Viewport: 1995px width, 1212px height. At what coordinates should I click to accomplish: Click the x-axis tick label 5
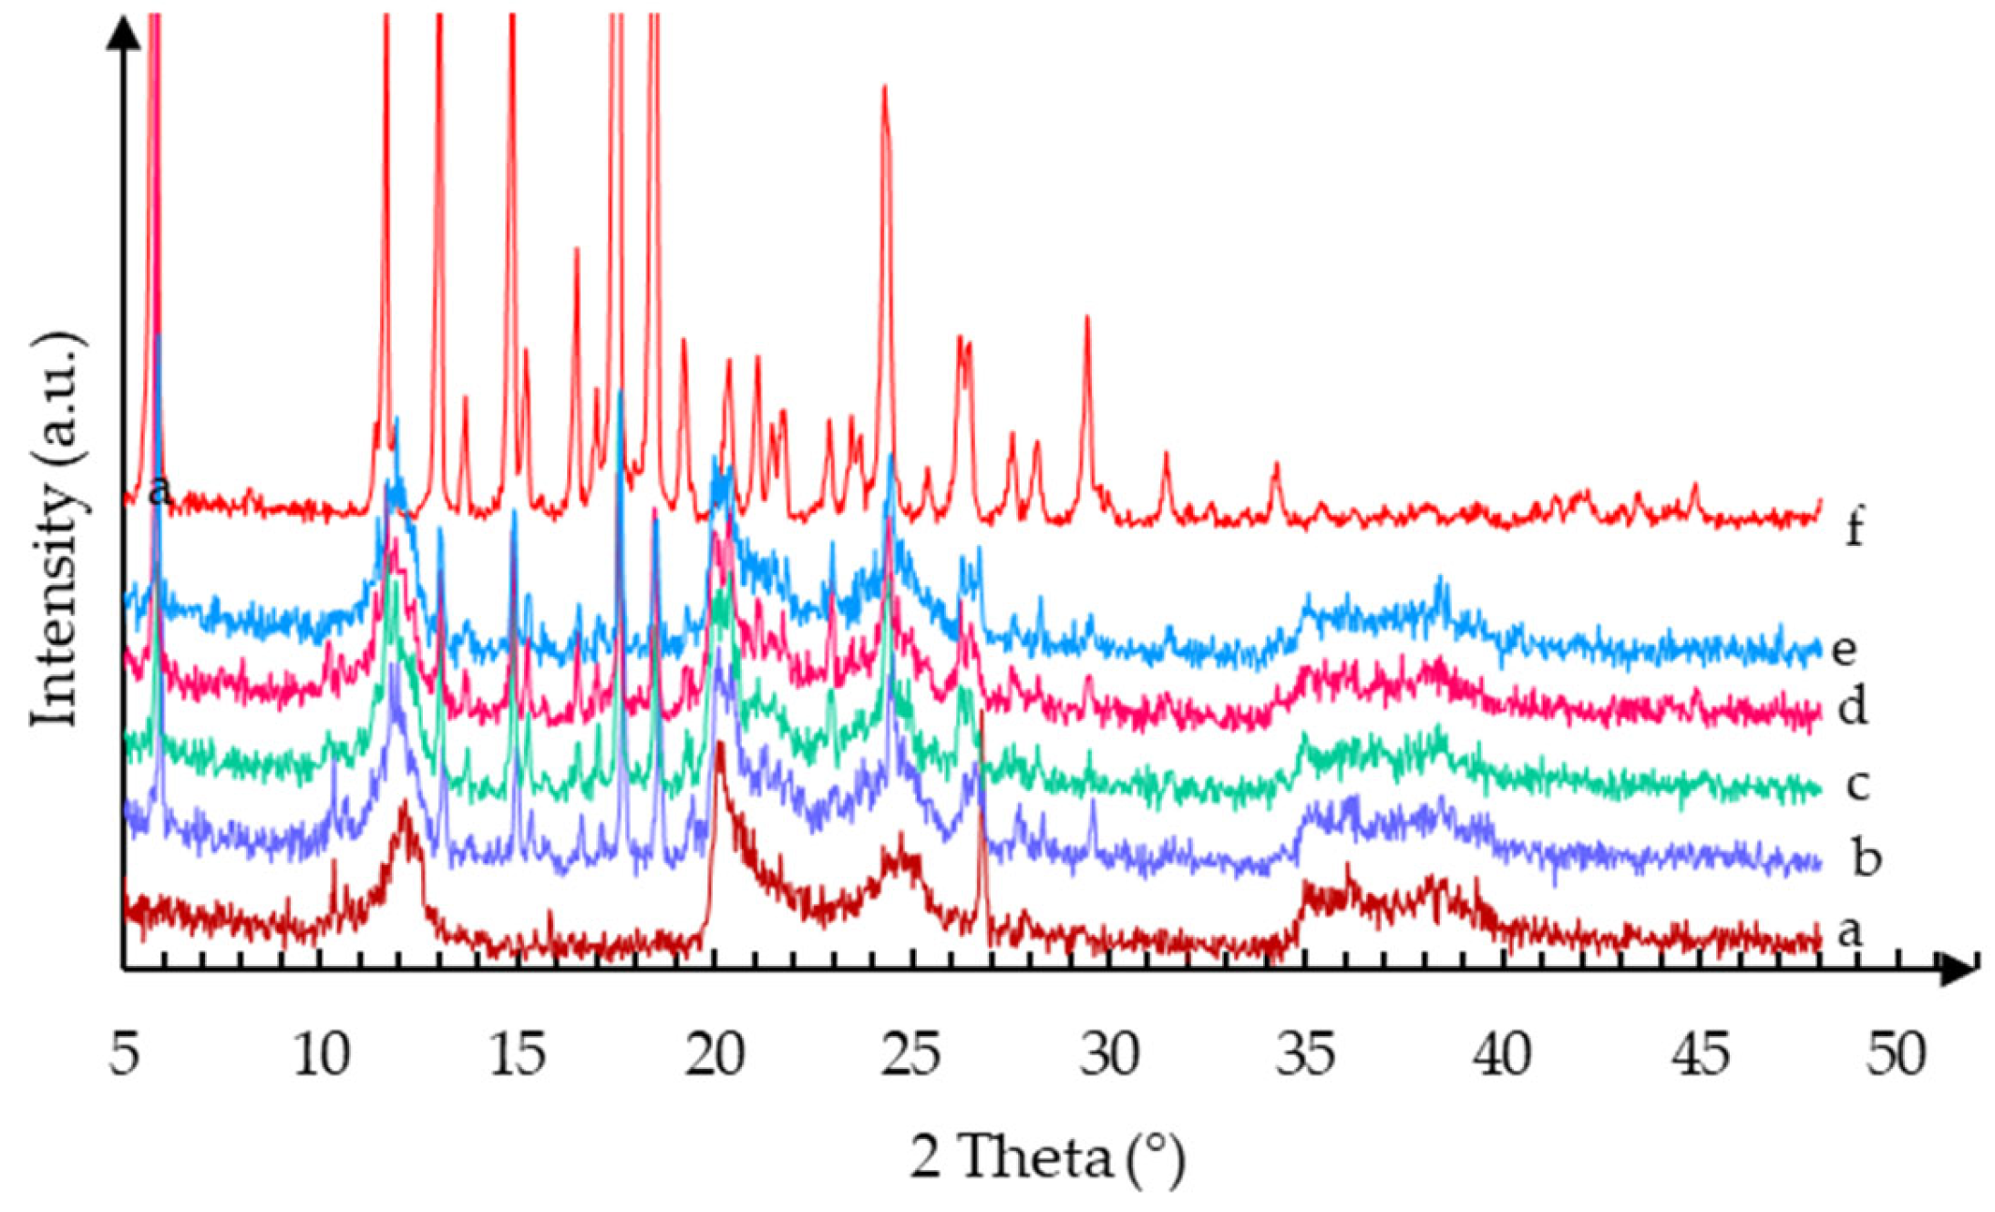(x=125, y=1054)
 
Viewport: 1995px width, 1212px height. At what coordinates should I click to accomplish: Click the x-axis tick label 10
(x=322, y=1054)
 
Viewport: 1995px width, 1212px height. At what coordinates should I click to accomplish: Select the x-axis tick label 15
(x=518, y=1054)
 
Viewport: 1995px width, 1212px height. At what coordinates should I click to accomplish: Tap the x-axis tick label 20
(x=715, y=1054)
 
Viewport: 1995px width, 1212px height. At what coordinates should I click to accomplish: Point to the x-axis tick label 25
(x=912, y=1054)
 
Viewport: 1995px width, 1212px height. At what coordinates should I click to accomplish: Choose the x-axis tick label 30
(x=1109, y=1054)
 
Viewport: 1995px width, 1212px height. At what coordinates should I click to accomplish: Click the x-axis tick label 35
(x=1306, y=1054)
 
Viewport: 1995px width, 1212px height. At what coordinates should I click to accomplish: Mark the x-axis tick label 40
(x=1503, y=1054)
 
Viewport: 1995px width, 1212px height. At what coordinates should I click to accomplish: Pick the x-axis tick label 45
(x=1700, y=1054)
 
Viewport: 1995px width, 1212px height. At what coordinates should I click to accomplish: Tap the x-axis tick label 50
(x=1897, y=1054)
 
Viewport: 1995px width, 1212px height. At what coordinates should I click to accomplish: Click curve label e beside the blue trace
(x=1844, y=650)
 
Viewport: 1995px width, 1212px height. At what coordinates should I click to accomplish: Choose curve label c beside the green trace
(x=1857, y=784)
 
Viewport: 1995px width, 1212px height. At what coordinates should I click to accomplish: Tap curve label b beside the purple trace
(x=1867, y=858)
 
